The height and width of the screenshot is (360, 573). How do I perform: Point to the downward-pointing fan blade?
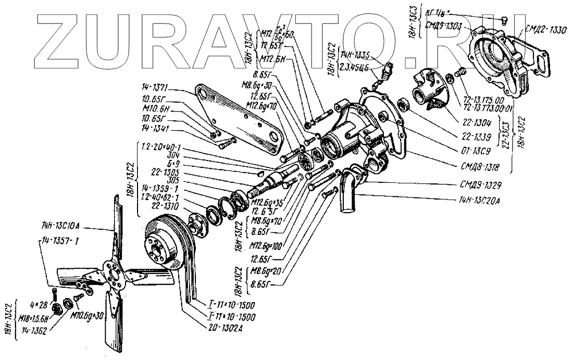point(114,323)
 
